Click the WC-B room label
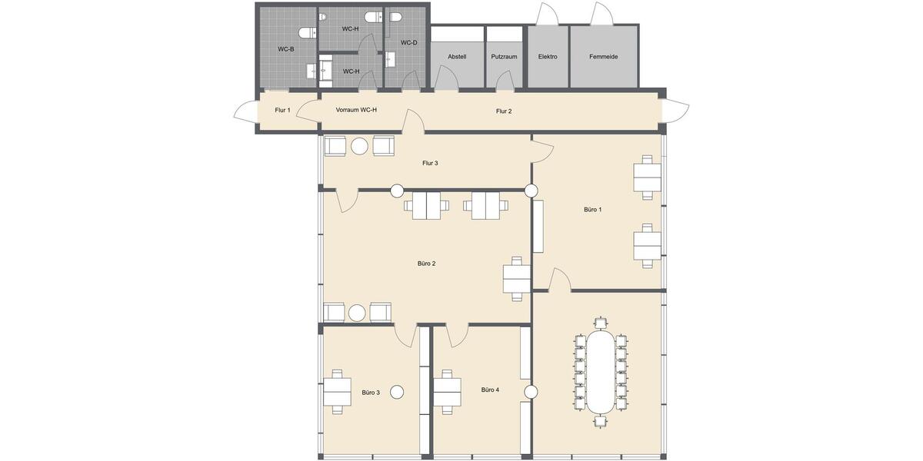point(286,49)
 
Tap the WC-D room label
point(408,43)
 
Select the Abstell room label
point(457,57)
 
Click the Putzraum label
point(504,57)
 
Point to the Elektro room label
point(548,57)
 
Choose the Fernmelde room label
point(603,57)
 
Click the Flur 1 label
point(282,111)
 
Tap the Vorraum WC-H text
point(356,110)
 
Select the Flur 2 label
point(504,111)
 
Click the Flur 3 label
point(430,163)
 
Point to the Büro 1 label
point(592,210)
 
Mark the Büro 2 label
point(426,264)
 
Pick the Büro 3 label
point(371,393)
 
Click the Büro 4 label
point(490,390)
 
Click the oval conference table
point(601,372)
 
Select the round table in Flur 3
point(359,146)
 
